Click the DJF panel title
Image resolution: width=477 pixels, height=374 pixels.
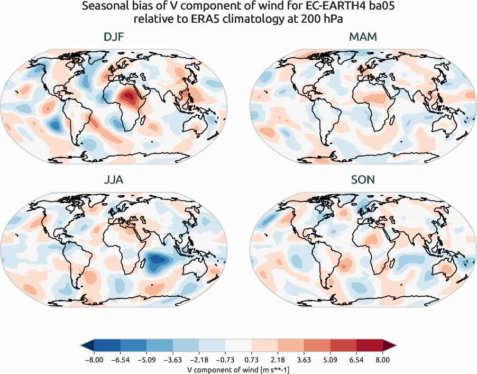[x=114, y=37]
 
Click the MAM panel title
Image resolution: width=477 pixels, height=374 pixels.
[x=363, y=37]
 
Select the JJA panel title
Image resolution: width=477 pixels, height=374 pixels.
[x=114, y=180]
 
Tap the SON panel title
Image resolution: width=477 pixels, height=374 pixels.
[x=363, y=180]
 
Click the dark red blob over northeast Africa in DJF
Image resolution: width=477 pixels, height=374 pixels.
[x=129, y=97]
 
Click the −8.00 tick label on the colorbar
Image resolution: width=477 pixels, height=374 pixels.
[x=94, y=360]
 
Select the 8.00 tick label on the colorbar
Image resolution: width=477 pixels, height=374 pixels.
[x=382, y=360]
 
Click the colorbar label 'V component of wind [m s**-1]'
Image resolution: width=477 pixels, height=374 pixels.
[x=238, y=369]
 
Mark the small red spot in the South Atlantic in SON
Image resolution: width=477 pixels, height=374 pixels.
[x=344, y=267]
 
